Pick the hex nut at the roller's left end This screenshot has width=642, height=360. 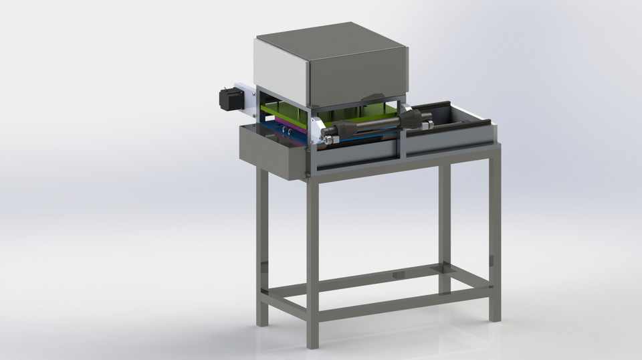coord(330,138)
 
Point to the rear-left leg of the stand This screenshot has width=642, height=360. coord(263,248)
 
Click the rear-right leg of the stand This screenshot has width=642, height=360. coord(444,221)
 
